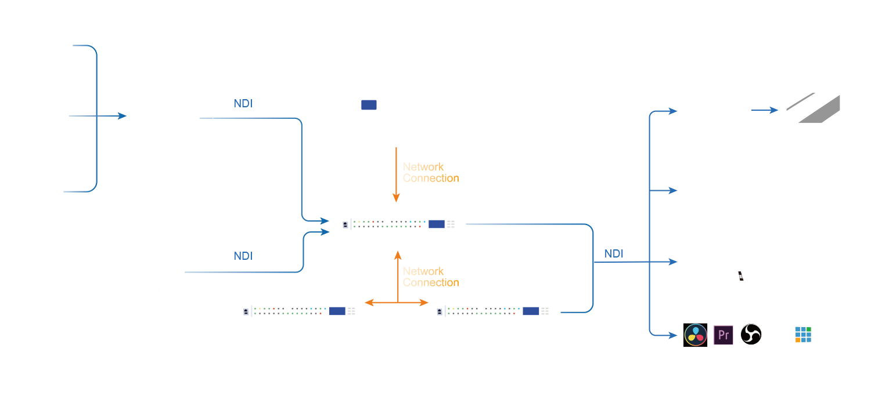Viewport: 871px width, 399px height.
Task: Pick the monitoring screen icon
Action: (812, 107)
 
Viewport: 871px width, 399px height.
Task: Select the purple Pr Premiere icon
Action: (723, 335)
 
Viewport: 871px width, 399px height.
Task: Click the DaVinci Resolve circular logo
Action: (694, 335)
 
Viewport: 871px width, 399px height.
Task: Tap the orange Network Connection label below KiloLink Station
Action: (430, 172)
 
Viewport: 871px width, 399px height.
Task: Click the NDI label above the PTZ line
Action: (243, 256)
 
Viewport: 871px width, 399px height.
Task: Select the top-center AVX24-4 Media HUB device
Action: (398, 223)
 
